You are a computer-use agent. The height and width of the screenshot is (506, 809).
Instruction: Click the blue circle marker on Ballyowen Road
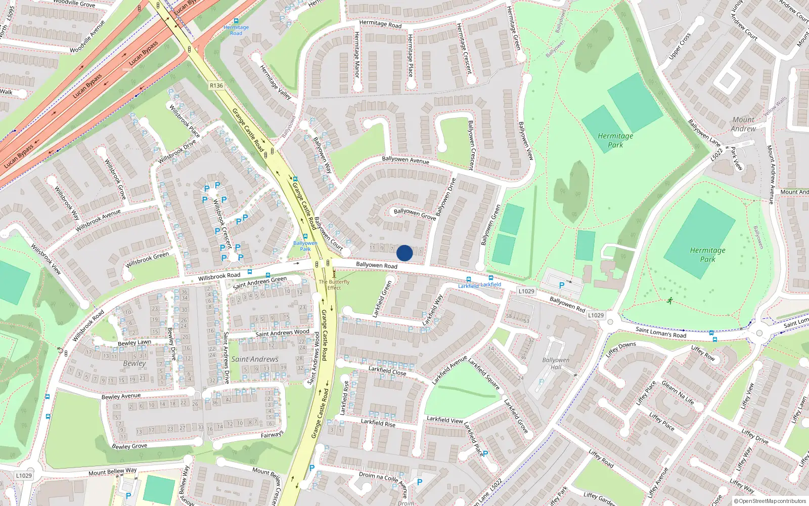[404, 253]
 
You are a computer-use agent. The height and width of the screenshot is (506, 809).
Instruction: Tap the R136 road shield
[216, 86]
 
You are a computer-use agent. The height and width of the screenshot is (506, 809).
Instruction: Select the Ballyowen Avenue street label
[406, 160]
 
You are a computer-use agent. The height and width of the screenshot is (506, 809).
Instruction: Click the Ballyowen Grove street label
[415, 214]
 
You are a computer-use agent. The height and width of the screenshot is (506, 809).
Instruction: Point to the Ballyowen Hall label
[556, 363]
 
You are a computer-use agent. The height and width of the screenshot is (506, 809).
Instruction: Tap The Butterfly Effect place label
[334, 285]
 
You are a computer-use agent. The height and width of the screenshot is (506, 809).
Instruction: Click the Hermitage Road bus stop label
[236, 30]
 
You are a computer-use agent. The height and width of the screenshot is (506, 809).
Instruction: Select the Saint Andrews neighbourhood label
[255, 359]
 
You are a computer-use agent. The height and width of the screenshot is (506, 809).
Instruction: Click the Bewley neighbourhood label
[134, 363]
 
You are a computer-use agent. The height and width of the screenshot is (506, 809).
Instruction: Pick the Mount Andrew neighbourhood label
[743, 124]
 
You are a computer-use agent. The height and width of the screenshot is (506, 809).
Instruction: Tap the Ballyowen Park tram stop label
[305, 246]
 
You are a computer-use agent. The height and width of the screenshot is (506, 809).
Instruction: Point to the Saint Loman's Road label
[661, 332]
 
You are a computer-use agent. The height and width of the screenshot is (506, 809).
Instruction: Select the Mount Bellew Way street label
[112, 472]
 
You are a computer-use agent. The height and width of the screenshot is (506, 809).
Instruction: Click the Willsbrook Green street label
[147, 260]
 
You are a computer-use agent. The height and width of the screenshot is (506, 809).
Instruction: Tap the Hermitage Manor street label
[356, 55]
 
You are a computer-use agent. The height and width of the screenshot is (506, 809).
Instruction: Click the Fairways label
[272, 435]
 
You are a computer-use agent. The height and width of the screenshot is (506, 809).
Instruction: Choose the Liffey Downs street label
[620, 349]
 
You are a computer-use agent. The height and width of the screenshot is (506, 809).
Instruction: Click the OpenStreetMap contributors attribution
[770, 501]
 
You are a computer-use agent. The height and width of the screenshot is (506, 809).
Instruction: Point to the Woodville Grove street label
[74, 4]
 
